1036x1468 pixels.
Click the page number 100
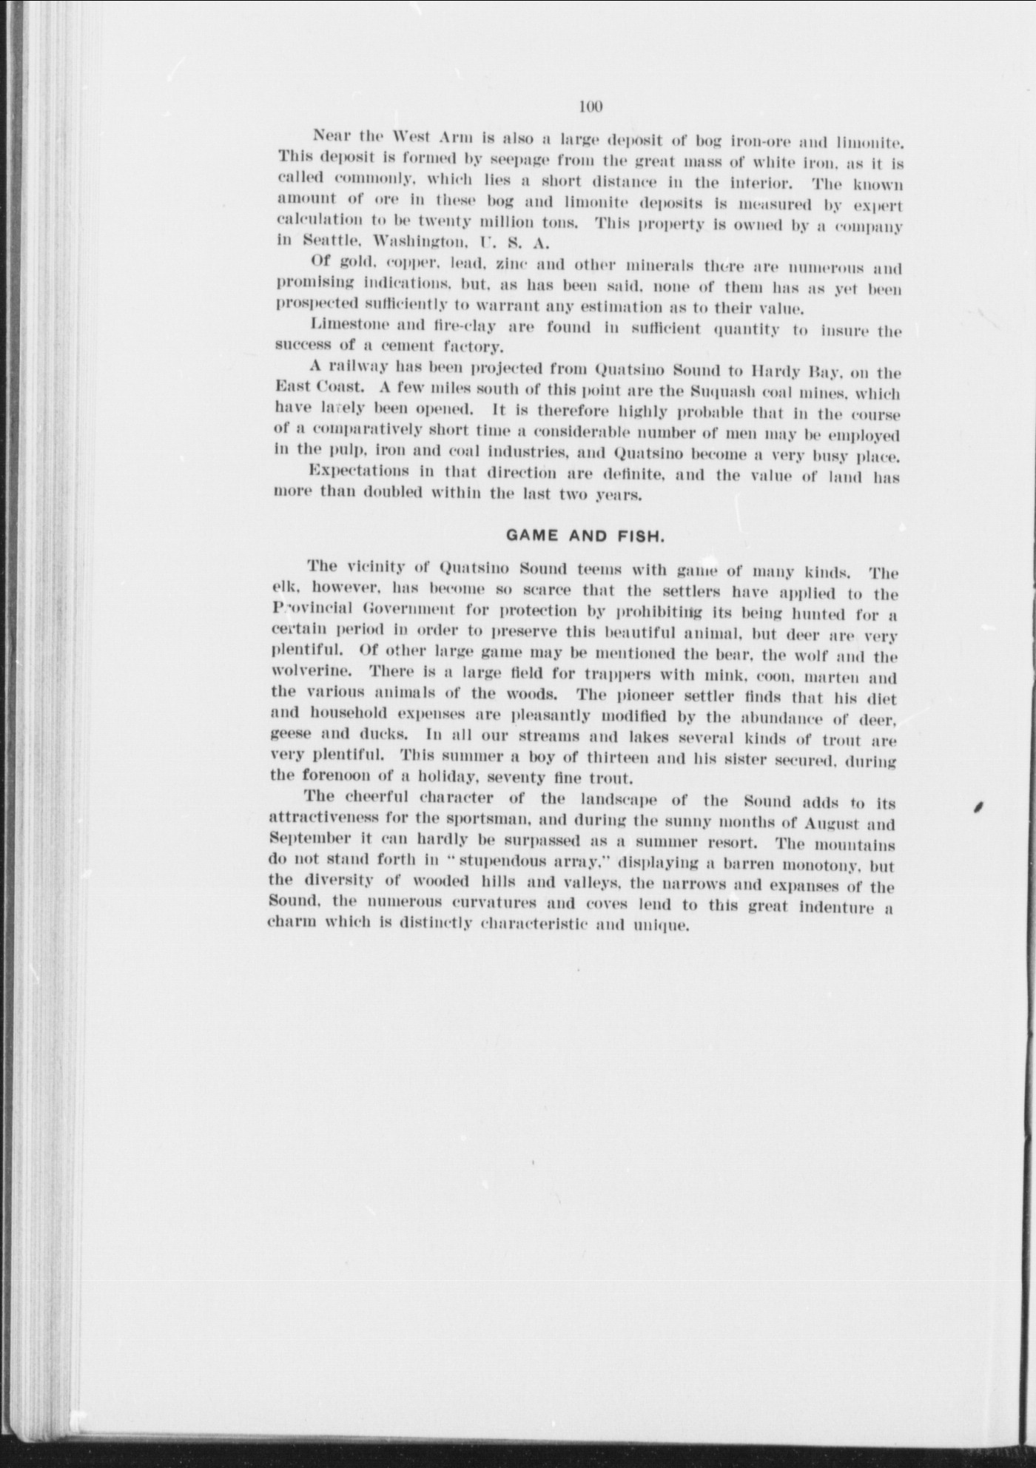point(591,107)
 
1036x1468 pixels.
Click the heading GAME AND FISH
point(585,536)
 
